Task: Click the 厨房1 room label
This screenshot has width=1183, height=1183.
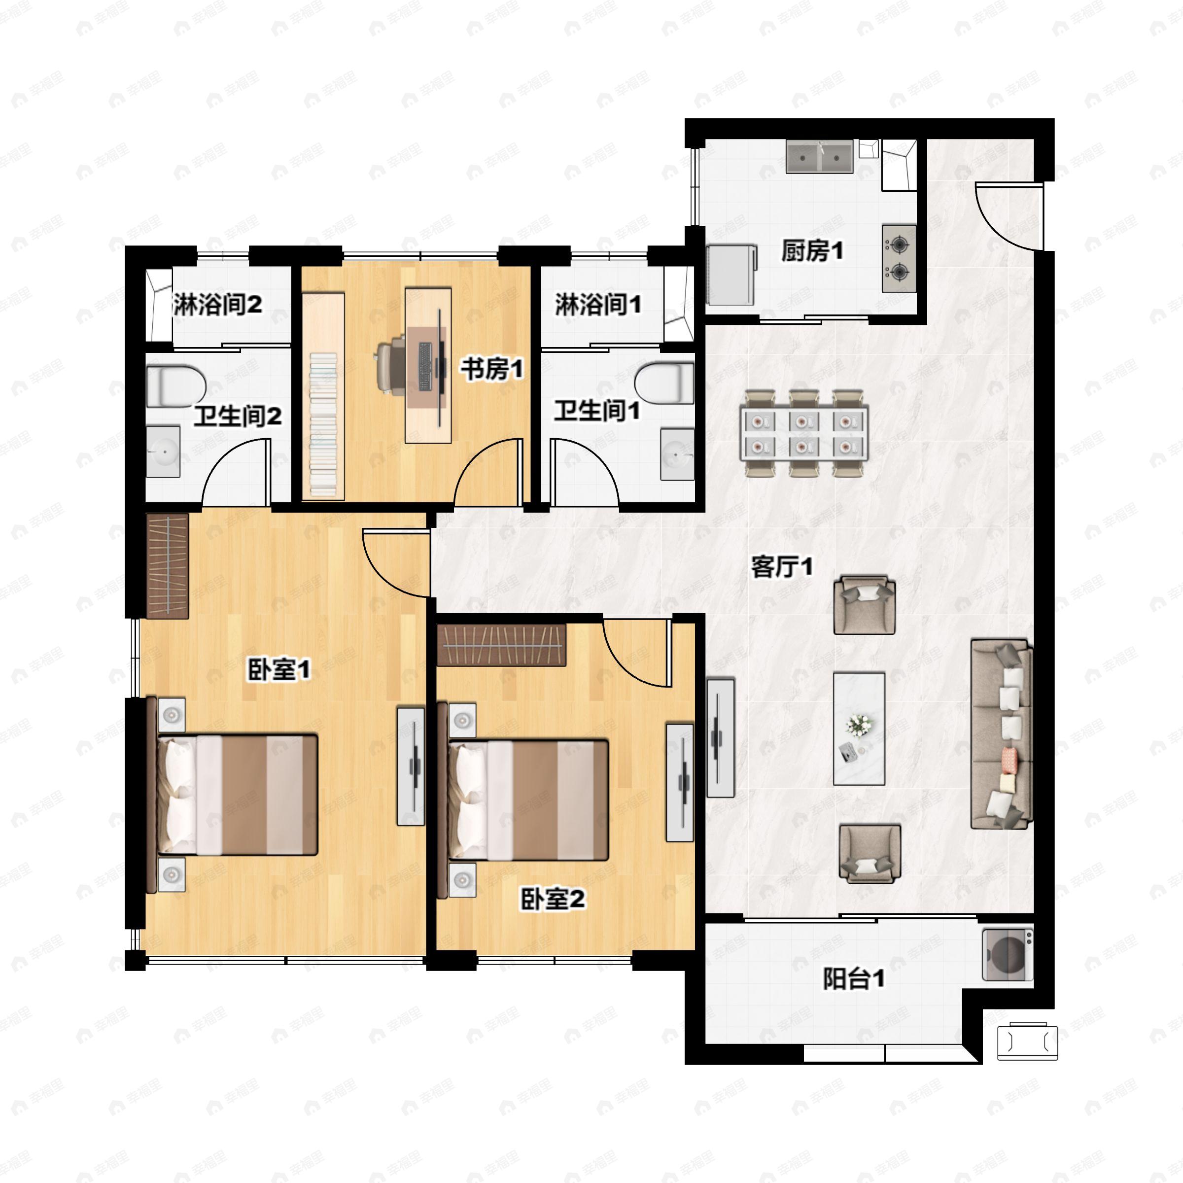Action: pyautogui.click(x=812, y=250)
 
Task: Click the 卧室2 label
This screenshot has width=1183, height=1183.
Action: pyautogui.click(x=553, y=899)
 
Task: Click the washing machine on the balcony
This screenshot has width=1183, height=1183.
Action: pyautogui.click(x=1007, y=955)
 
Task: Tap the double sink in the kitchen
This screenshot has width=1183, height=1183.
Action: pyautogui.click(x=819, y=156)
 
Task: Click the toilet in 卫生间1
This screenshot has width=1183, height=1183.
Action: pyautogui.click(x=664, y=384)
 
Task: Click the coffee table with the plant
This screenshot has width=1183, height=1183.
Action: pyautogui.click(x=859, y=729)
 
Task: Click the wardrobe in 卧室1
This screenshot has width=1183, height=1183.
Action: pyautogui.click(x=168, y=565)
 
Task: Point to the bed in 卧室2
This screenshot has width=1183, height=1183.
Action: pyautogui.click(x=524, y=799)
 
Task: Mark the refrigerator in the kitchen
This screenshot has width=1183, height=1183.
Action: pyautogui.click(x=731, y=275)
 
